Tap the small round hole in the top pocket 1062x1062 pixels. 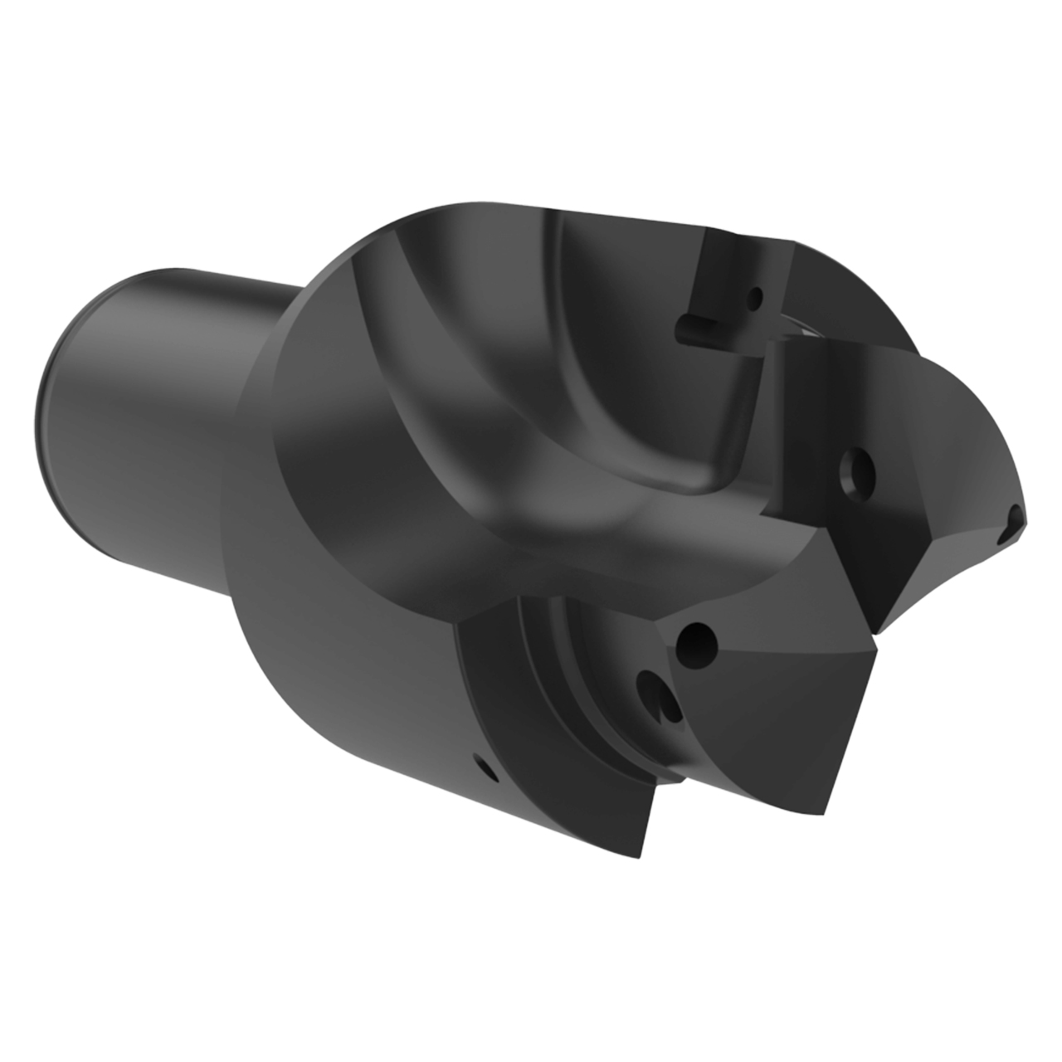coord(754,296)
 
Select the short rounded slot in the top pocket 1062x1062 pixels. coord(695,324)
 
